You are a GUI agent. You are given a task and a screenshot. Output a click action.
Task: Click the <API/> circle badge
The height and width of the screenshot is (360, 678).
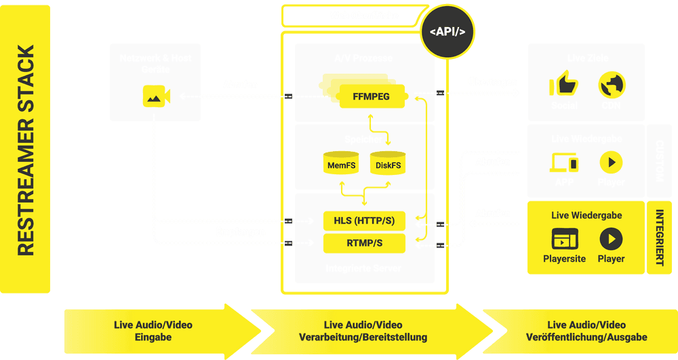[x=447, y=31]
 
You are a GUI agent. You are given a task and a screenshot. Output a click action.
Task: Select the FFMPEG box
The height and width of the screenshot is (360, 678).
[x=371, y=96]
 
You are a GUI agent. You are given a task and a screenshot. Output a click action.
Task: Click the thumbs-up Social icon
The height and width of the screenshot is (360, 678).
[x=563, y=86]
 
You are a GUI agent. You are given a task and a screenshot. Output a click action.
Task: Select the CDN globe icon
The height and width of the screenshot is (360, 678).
[x=612, y=86]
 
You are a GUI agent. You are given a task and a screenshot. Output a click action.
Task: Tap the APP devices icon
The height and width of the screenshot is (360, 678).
[x=564, y=163]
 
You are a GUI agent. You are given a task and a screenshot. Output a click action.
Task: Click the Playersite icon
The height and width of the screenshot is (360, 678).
[x=564, y=239]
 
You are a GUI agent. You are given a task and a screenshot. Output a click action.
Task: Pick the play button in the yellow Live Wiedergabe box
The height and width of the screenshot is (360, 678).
[x=611, y=239]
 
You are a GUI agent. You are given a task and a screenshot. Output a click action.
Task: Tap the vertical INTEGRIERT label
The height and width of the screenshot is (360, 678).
[x=658, y=237]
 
